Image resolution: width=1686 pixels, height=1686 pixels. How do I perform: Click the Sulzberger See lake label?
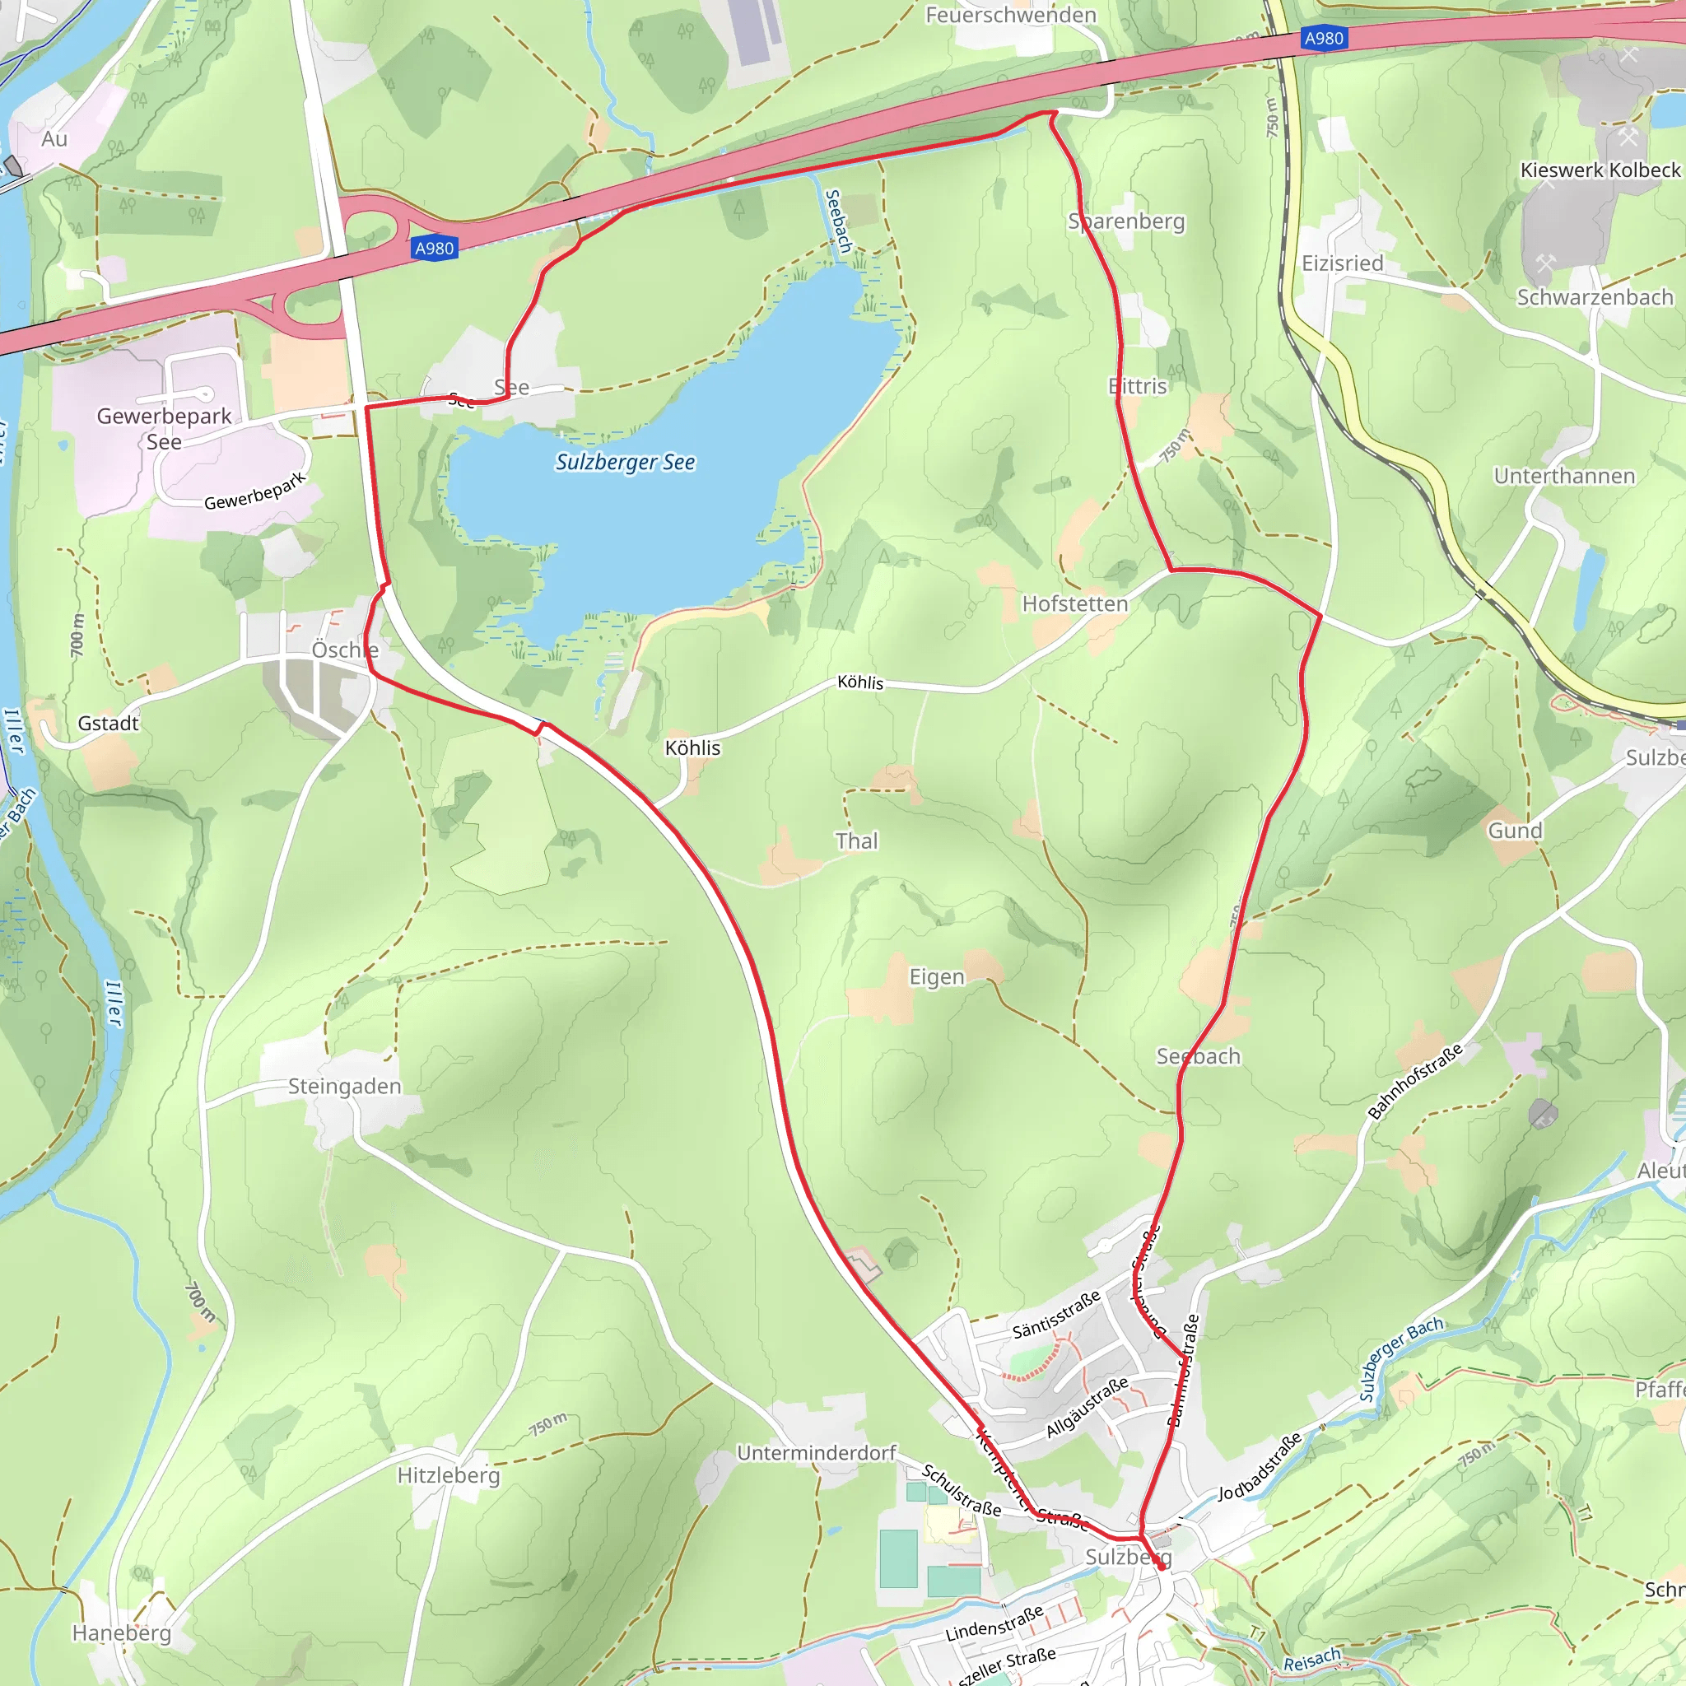[x=625, y=462]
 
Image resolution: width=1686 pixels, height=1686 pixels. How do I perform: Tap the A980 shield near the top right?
[x=1323, y=39]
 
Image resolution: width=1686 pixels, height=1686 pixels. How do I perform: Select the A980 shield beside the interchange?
[x=435, y=249]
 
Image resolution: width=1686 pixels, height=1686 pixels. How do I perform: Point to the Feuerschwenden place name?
[x=1011, y=15]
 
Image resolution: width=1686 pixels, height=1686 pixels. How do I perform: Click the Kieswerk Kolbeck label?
[x=1600, y=170]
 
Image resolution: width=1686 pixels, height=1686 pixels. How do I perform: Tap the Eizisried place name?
[x=1342, y=263]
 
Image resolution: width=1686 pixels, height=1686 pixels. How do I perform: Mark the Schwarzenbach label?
[x=1595, y=297]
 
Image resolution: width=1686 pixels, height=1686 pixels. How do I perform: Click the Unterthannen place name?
[x=1564, y=477]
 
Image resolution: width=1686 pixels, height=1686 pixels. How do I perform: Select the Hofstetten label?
[x=1074, y=604]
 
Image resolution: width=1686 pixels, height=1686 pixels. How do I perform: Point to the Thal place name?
[x=856, y=841]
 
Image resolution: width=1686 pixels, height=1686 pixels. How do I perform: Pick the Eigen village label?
[x=936, y=976]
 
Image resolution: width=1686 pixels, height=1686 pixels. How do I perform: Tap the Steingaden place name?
[x=345, y=1087]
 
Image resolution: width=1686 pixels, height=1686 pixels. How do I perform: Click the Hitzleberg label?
[x=449, y=1474]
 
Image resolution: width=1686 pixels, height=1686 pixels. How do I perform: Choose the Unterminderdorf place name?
[x=816, y=1453]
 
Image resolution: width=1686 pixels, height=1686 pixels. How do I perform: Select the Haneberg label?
[x=121, y=1632]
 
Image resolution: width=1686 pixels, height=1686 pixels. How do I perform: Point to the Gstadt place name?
[x=108, y=724]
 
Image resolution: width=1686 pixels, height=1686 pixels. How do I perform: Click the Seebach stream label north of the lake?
[x=837, y=221]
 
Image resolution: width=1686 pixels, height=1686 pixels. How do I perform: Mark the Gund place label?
[x=1515, y=831]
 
